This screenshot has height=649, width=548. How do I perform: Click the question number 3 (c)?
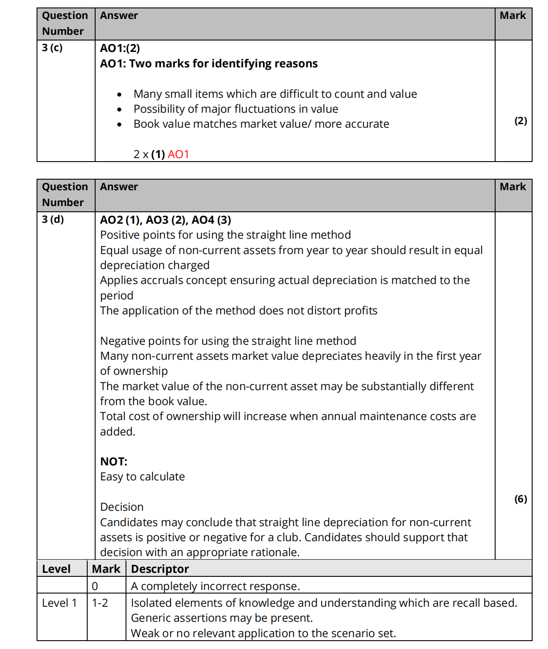pos(52,48)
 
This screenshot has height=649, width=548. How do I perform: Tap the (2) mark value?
pos(521,121)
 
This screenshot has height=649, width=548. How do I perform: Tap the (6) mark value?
pos(521,499)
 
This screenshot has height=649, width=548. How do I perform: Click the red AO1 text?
pos(178,155)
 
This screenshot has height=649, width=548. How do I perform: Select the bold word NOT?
pos(114,461)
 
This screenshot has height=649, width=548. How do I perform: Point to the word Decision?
pos(122,507)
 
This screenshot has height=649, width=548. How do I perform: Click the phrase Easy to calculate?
pos(142,476)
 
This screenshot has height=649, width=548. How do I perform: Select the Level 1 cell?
pos(59,603)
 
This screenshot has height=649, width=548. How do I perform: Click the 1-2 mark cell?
pos(100,603)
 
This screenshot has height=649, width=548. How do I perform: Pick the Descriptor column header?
pos(160,569)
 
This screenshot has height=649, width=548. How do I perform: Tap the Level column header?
pos(56,569)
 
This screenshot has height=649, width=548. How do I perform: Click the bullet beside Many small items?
pos(119,95)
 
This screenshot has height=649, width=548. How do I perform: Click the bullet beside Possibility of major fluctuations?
pos(119,110)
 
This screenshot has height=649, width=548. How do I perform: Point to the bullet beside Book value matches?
pos(119,125)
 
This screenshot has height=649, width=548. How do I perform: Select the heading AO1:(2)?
pos(120,48)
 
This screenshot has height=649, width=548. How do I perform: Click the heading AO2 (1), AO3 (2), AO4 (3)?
pos(166,220)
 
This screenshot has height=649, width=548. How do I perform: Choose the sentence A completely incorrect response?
pos(215,586)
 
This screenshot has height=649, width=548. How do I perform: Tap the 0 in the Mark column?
pos(95,586)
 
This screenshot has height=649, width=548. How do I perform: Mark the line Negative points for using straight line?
pos(228,341)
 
